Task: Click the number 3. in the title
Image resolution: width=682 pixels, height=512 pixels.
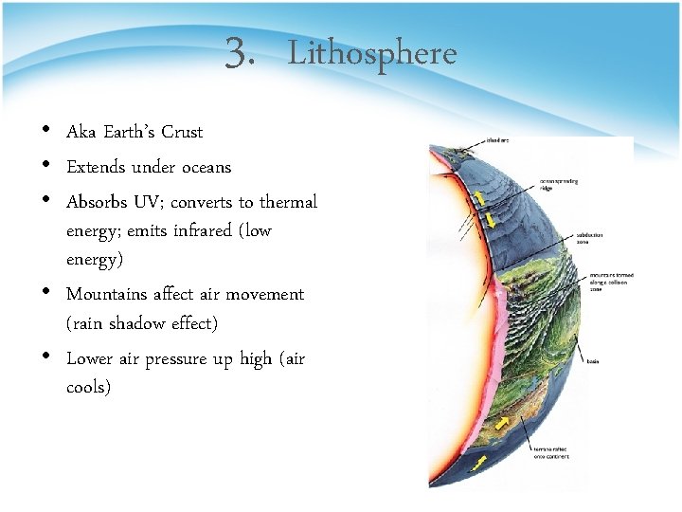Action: [241, 54]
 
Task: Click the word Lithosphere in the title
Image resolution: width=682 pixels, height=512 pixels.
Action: [371, 54]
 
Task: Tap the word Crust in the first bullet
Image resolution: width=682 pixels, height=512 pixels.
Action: [182, 132]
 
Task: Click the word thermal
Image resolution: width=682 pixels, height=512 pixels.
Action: [288, 203]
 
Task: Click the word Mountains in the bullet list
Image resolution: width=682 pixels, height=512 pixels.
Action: [105, 295]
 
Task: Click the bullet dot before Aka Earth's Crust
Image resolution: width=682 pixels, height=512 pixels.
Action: [47, 131]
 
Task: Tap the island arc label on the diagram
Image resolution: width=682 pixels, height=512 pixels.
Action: [498, 140]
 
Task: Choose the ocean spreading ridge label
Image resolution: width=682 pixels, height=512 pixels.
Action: [559, 183]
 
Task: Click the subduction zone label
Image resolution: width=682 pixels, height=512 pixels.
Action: [589, 238]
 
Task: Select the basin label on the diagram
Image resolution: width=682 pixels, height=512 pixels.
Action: [592, 361]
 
